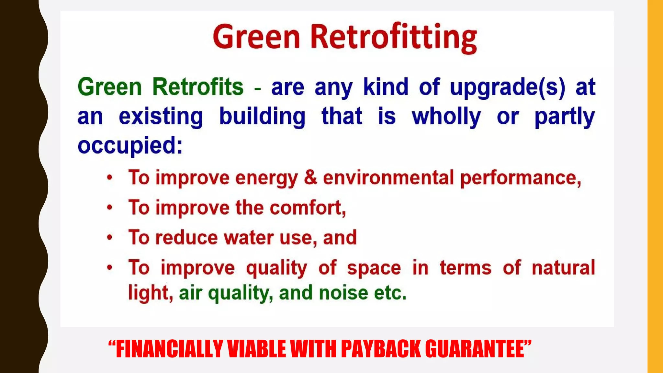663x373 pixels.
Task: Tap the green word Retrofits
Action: tap(197, 87)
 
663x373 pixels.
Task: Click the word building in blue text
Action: tap(262, 117)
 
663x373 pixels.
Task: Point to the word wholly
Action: tap(446, 117)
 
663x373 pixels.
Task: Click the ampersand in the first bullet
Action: tap(310, 177)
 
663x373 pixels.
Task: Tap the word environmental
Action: tap(388, 177)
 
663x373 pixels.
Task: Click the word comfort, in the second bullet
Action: tap(308, 208)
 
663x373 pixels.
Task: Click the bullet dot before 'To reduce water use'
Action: tap(110, 238)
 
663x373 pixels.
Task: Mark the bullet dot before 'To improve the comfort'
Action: tap(110, 208)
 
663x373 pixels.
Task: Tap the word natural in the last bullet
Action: tap(563, 267)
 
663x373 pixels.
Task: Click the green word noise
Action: tap(343, 293)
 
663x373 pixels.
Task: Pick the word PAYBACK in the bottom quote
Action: tap(381, 349)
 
